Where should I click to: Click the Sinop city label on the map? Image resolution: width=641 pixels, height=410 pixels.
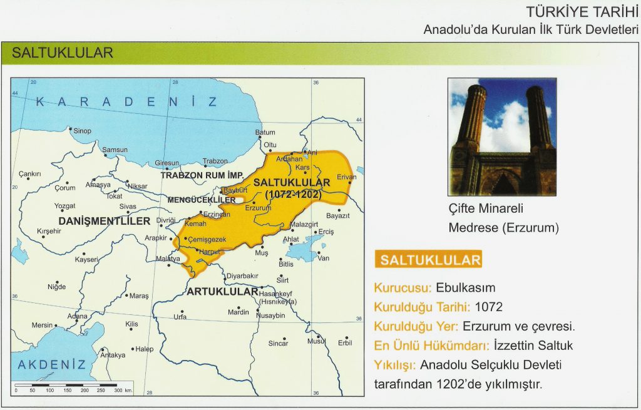[x=83, y=131]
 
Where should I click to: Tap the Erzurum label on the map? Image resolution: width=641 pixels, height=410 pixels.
[x=258, y=207]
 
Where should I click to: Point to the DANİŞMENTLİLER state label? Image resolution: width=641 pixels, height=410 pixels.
[x=105, y=221]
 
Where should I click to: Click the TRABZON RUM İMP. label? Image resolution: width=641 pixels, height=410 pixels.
[x=202, y=175]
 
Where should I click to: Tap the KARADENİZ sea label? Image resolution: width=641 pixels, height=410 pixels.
[x=126, y=102]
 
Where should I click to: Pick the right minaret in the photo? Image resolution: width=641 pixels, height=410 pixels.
[x=538, y=119]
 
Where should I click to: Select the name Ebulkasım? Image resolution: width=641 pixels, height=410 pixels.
[x=466, y=289]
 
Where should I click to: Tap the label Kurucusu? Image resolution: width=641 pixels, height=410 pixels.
[x=403, y=289]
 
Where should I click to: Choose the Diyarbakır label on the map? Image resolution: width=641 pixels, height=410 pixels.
[x=242, y=275]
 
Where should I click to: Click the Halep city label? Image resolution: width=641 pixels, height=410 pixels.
[x=143, y=349]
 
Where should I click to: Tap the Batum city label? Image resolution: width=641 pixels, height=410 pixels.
[x=265, y=132]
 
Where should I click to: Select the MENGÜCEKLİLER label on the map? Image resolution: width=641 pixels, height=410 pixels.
[x=202, y=200]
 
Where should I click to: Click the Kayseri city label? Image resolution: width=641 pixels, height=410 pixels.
[x=87, y=259]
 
